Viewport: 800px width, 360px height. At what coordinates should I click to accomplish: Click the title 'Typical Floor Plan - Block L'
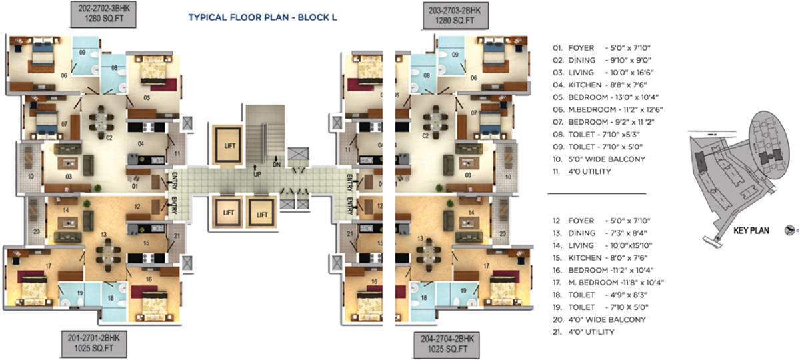263,17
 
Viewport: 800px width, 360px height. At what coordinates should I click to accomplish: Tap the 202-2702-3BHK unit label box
103,15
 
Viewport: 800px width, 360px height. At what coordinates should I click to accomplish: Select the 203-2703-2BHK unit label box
455,15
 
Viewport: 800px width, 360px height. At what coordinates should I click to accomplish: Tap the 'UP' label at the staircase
257,175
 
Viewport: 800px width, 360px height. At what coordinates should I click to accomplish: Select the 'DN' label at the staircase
277,164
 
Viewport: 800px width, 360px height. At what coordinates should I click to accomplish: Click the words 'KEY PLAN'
751,231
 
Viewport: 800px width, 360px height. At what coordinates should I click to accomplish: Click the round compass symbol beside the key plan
791,229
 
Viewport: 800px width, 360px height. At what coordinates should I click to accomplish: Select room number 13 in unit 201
103,235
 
